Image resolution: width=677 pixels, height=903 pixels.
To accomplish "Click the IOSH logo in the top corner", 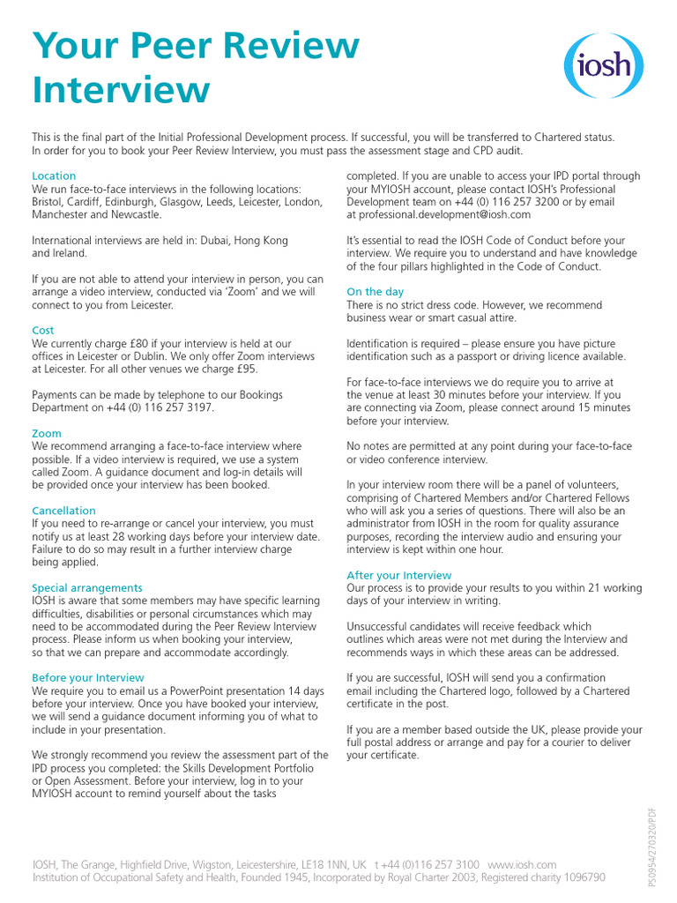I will [603, 66].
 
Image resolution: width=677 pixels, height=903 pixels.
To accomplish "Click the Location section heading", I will [54, 175].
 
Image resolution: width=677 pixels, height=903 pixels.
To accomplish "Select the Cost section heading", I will [43, 331].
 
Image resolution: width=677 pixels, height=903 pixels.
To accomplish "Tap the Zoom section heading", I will [47, 434].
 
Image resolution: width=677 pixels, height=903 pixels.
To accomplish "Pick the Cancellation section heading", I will [63, 511].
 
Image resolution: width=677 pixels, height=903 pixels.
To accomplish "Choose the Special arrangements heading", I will [86, 587].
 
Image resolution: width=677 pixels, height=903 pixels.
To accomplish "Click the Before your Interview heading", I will [87, 677].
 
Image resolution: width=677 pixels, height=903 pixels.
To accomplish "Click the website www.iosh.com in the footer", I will [522, 865].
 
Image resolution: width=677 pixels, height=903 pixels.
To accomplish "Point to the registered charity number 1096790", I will [577, 878].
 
